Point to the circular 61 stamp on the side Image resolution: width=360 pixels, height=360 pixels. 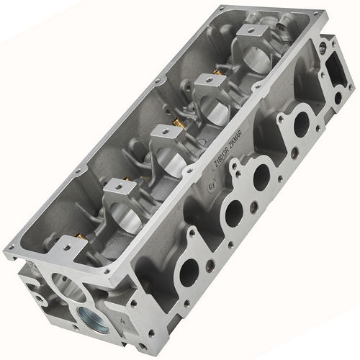click(x=210, y=186)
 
